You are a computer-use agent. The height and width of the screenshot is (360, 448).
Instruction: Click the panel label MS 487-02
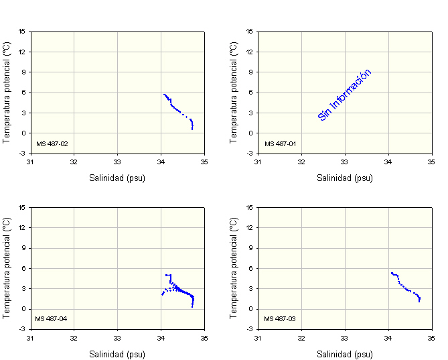tap(52, 143)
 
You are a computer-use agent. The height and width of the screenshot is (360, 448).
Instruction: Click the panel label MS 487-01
tap(279, 143)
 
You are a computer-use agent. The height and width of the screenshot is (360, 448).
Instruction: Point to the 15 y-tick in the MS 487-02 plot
tap(23, 31)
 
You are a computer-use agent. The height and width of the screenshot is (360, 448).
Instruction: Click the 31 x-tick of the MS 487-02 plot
tap(30, 162)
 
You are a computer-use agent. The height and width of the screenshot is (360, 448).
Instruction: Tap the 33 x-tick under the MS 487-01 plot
tap(344, 162)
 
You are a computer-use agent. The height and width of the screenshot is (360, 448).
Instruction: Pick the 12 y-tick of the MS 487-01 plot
tap(250, 52)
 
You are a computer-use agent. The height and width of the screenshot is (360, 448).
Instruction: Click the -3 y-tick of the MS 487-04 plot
tap(23, 329)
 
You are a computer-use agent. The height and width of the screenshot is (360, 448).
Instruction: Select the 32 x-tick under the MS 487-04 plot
tap(74, 337)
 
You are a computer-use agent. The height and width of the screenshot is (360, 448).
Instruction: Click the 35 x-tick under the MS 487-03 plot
tap(432, 337)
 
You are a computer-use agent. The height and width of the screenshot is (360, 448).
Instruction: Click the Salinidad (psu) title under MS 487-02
tap(117, 178)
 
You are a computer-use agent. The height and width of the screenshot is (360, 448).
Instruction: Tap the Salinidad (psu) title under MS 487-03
tap(345, 354)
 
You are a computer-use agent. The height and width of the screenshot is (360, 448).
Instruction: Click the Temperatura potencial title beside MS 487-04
tap(7, 267)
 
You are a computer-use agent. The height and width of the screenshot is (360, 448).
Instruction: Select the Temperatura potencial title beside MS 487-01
tap(234, 92)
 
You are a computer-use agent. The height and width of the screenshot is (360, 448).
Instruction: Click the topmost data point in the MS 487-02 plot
tap(163, 95)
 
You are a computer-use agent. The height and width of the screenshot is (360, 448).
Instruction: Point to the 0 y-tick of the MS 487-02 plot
tap(25, 133)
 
